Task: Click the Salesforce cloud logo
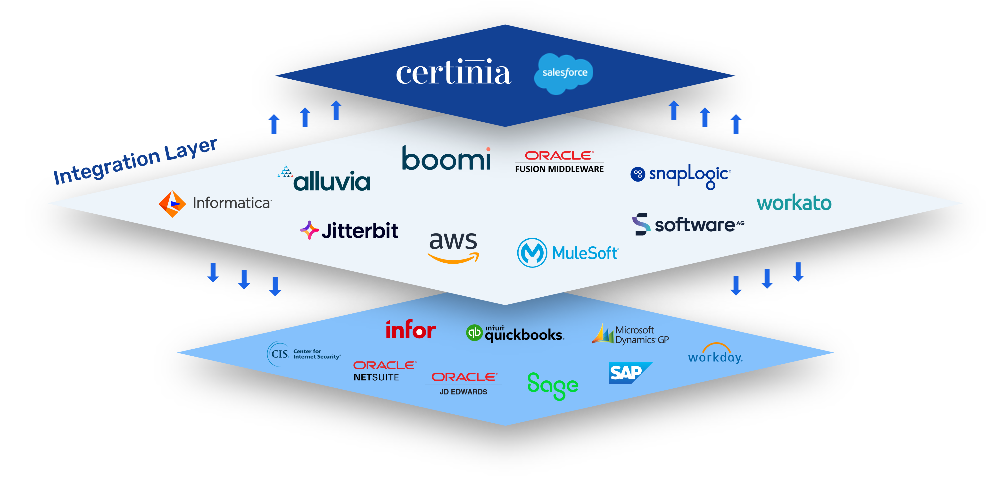pos(564,73)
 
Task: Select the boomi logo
pos(446,159)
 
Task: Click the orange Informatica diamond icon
pos(172,204)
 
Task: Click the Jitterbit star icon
pos(309,230)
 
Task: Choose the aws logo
pos(453,246)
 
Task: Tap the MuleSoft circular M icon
pos(532,253)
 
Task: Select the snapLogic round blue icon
pos(638,174)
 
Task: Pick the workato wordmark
pos(794,203)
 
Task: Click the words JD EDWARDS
pos(463,392)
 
